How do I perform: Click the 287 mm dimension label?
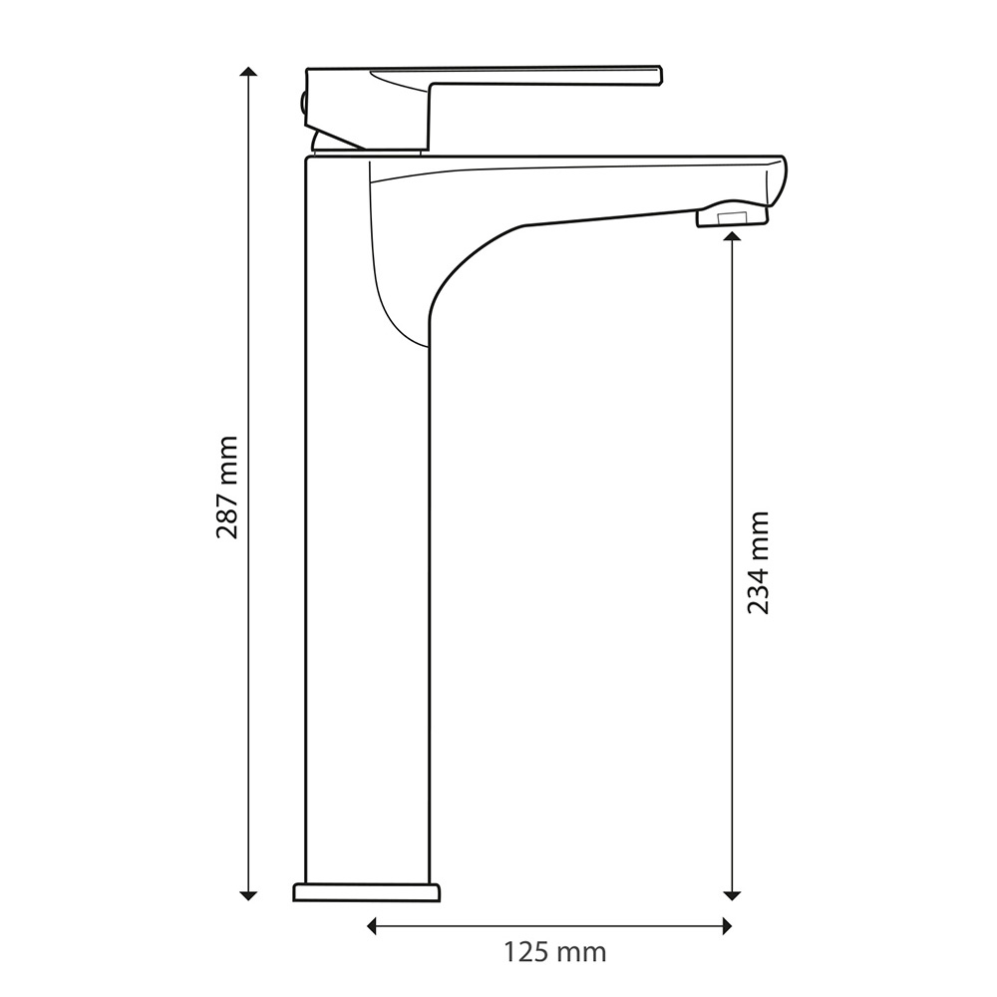[227, 488]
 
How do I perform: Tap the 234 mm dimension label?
[758, 562]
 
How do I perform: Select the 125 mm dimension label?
[555, 952]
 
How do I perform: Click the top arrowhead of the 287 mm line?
[248, 71]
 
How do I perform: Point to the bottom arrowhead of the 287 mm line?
[248, 895]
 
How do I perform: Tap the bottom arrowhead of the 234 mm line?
[733, 895]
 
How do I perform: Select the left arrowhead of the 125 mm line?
[373, 926]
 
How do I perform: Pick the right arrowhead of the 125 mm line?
[726, 926]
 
